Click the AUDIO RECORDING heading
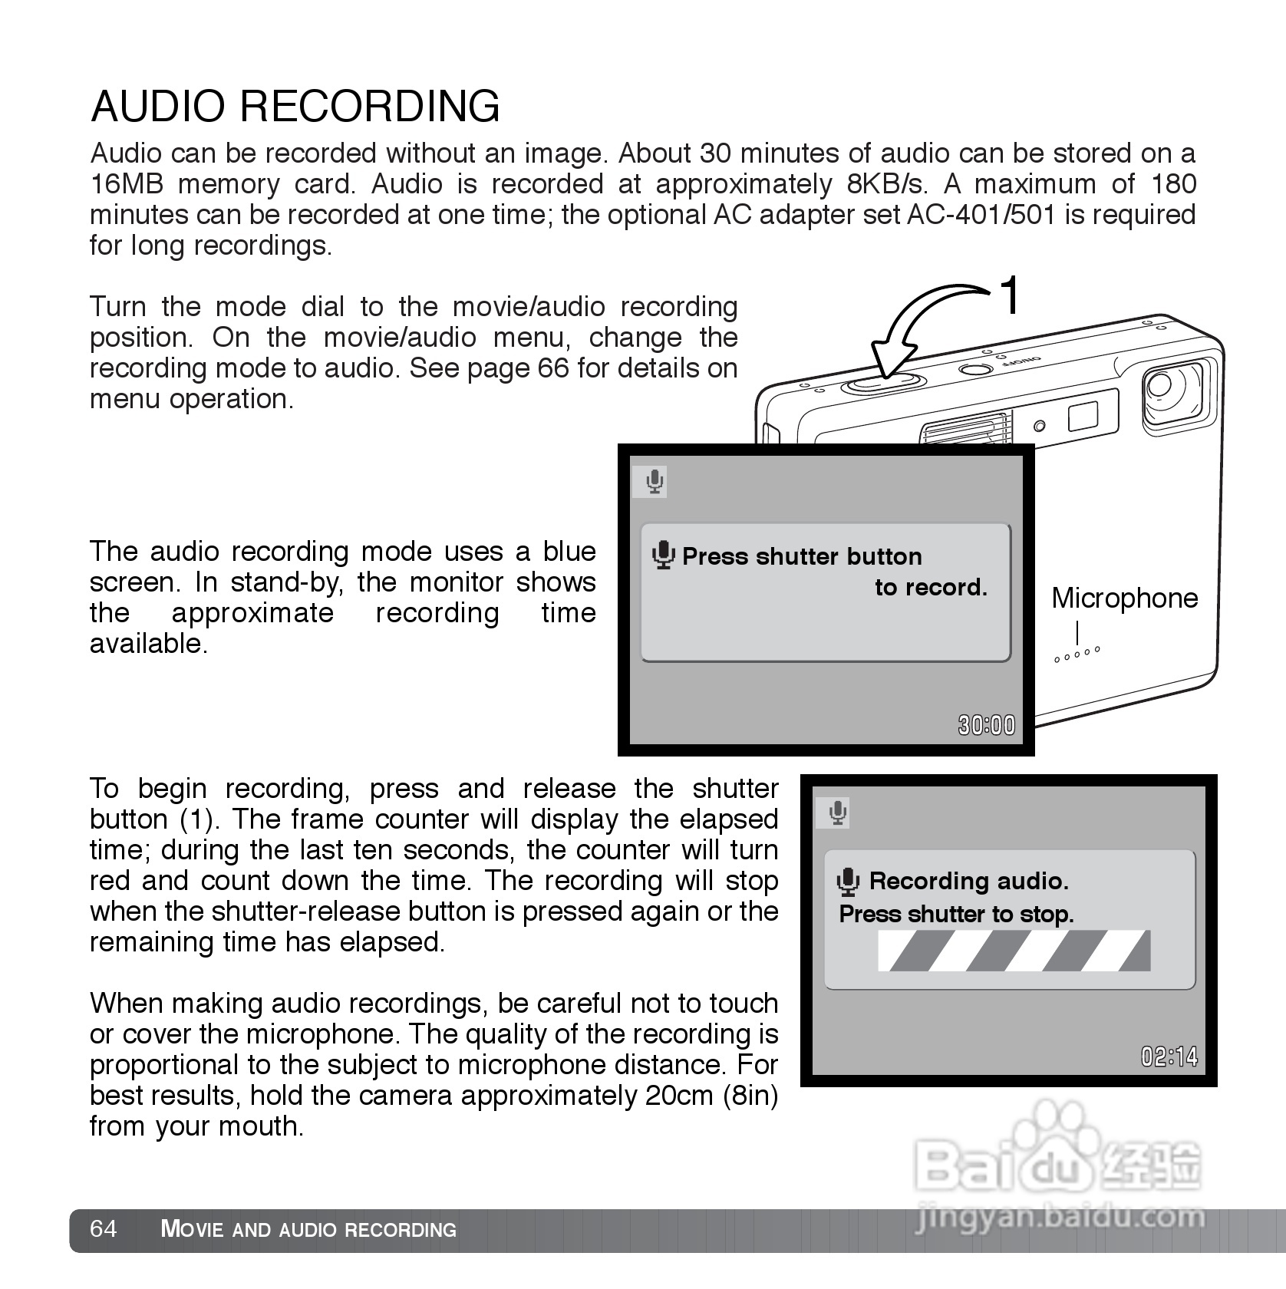tap(295, 106)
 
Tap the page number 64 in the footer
tap(104, 1228)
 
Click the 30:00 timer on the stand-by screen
tap(986, 725)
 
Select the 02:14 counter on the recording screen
tap(1169, 1057)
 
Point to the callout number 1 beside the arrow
tap(1011, 296)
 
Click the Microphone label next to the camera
tap(1124, 598)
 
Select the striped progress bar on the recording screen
tap(1014, 951)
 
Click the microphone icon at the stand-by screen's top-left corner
tap(654, 482)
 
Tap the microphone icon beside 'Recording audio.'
tap(847, 882)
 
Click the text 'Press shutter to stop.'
tap(956, 914)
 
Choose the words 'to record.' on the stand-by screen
tap(931, 588)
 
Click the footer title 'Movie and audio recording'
tap(308, 1229)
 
